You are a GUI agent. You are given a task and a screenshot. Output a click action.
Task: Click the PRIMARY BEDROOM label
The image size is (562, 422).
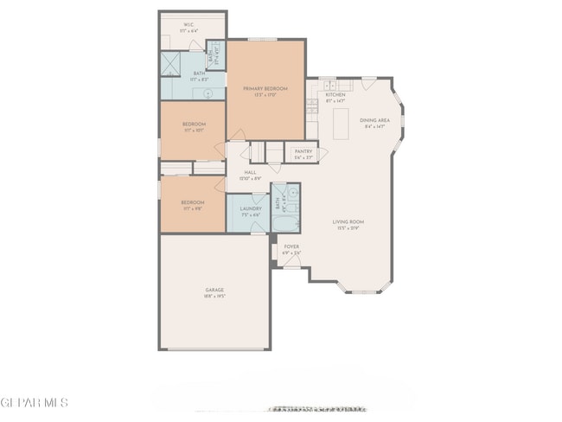point(265,89)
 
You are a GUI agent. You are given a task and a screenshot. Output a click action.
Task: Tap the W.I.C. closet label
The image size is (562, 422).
point(188,25)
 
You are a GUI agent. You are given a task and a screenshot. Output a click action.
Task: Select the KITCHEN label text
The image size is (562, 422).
point(335,94)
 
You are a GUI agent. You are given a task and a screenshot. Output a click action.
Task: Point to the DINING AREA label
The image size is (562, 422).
point(374,120)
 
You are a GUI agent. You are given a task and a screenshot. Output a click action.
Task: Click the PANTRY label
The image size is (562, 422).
point(303,151)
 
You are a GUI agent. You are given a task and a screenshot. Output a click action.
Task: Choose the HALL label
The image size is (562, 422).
point(250,172)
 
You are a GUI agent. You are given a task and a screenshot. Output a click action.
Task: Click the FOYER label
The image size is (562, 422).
point(292,246)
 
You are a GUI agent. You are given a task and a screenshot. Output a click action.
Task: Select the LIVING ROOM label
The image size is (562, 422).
point(348,222)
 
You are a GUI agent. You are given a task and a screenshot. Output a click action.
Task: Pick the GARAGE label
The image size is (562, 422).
point(214,290)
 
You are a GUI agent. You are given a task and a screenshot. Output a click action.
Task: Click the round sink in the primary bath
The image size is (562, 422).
point(208,92)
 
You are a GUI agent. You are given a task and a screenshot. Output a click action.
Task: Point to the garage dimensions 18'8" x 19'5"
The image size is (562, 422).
point(214,296)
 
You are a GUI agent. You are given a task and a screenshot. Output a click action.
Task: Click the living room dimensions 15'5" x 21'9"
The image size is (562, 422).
point(348,228)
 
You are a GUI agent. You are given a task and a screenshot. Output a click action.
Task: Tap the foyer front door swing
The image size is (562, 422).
point(292,262)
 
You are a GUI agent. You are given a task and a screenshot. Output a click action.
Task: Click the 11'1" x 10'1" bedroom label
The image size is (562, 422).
point(193,127)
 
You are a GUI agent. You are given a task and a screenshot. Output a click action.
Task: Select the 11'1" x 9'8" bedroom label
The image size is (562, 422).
point(193,204)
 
